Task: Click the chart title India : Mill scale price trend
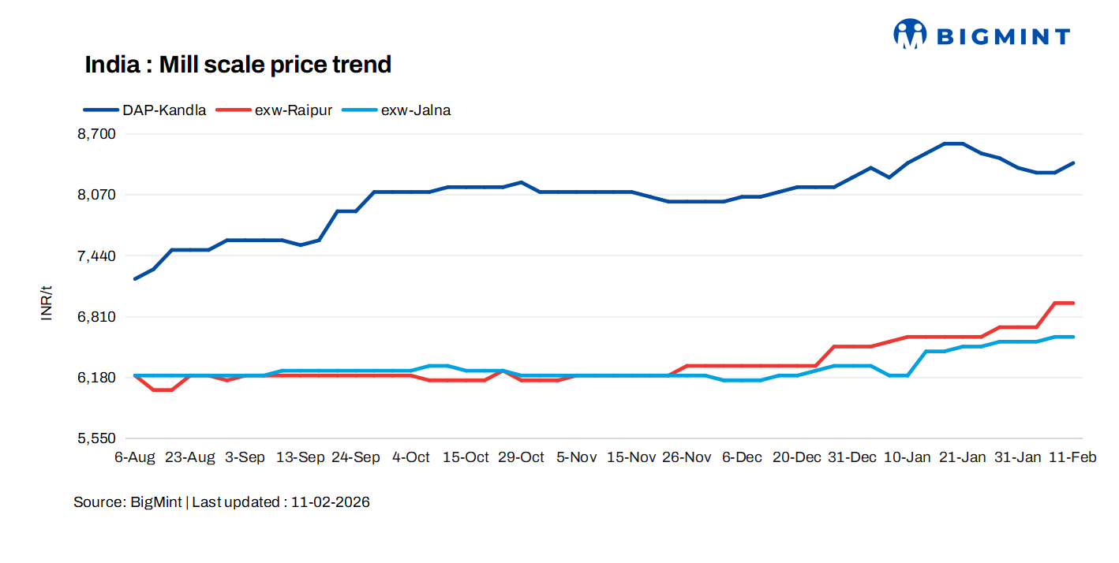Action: pyautogui.click(x=238, y=65)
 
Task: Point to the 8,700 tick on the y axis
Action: pyautogui.click(x=96, y=134)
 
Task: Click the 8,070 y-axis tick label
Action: pyautogui.click(x=96, y=195)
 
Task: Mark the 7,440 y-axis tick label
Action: pyautogui.click(x=96, y=256)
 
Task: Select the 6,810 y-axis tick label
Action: pyautogui.click(x=96, y=317)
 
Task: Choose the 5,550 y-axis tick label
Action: pyautogui.click(x=96, y=438)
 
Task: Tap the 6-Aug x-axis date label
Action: pyautogui.click(x=135, y=457)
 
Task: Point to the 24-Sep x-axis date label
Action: pyautogui.click(x=355, y=457)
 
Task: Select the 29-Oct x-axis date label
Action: pyautogui.click(x=521, y=457)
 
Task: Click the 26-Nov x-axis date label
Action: pyautogui.click(x=687, y=457)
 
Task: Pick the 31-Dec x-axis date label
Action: pyautogui.click(x=852, y=457)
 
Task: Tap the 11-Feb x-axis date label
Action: pyautogui.click(x=1072, y=457)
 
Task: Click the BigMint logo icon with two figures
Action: pyautogui.click(x=910, y=35)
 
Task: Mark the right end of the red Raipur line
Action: pyautogui.click(x=1073, y=303)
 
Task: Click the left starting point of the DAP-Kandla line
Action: pyautogui.click(x=136, y=278)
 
